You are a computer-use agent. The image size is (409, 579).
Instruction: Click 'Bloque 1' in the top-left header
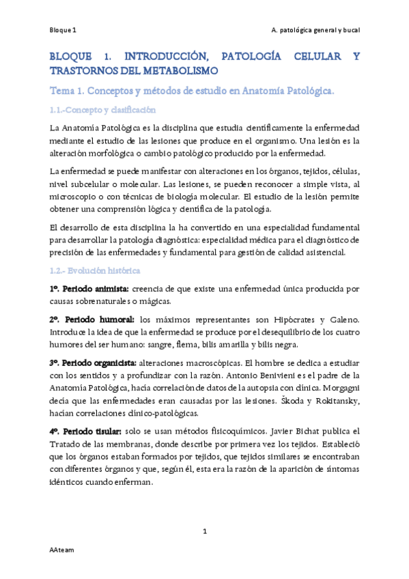63,31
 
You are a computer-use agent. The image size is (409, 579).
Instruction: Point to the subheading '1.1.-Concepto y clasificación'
102,109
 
